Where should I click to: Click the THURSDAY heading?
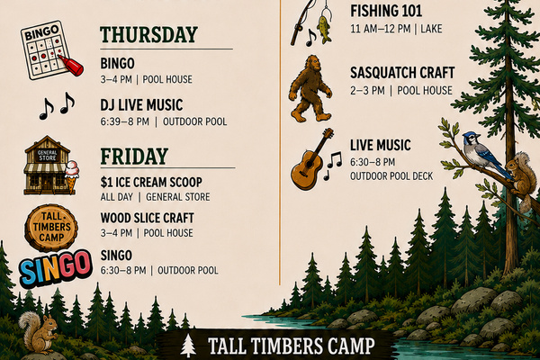tap(148, 34)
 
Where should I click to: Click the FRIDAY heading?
tap(134, 156)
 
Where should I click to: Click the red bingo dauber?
tap(71, 66)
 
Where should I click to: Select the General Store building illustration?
tap(47, 166)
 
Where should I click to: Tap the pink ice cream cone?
tap(72, 175)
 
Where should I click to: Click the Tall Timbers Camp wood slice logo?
tap(51, 228)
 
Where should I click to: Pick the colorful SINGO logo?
tap(56, 268)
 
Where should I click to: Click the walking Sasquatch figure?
tap(310, 88)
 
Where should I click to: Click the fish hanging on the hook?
tap(324, 29)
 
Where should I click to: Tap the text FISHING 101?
tap(386, 11)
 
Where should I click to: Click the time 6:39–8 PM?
tap(125, 121)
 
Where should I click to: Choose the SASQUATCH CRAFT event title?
tap(402, 73)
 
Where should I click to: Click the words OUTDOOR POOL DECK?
tap(391, 176)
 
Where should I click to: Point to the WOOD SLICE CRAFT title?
tap(147, 218)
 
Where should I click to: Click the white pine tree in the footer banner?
tap(188, 346)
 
